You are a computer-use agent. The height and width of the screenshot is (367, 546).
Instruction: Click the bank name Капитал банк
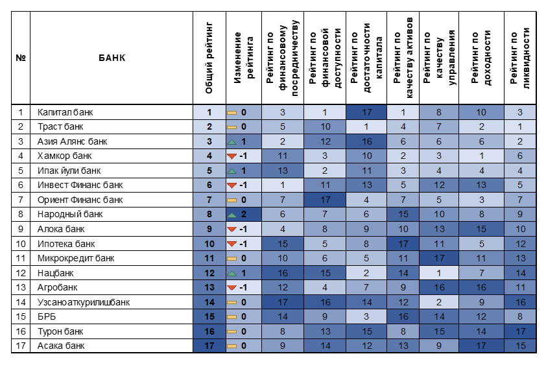pyautogui.click(x=65, y=112)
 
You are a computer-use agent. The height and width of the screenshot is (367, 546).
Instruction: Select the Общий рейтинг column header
pyautogui.click(x=209, y=58)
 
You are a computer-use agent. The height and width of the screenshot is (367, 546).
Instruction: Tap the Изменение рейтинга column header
pyautogui.click(x=244, y=58)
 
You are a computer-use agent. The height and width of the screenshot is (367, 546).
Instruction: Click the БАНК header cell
pyautogui.click(x=112, y=58)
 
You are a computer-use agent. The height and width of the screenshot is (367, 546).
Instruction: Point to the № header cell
pyautogui.click(x=21, y=58)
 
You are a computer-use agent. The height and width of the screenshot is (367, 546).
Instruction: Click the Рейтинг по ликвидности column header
pyautogui.click(x=520, y=58)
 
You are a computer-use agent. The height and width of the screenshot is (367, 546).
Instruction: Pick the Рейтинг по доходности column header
pyautogui.click(x=481, y=58)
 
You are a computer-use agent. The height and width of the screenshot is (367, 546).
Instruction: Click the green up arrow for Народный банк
pyautogui.click(x=231, y=215)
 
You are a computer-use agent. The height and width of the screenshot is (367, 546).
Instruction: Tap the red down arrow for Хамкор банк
pyautogui.click(x=231, y=156)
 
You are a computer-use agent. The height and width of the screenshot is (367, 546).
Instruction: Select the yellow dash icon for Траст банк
pyautogui.click(x=231, y=127)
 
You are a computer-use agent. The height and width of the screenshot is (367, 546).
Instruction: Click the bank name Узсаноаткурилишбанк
pyautogui.click(x=84, y=302)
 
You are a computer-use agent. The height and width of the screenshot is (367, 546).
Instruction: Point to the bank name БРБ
pyautogui.click(x=47, y=317)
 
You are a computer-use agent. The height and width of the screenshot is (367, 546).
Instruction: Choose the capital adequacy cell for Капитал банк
pyautogui.click(x=366, y=112)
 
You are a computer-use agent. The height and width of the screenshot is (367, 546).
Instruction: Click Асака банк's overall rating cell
pyautogui.click(x=209, y=346)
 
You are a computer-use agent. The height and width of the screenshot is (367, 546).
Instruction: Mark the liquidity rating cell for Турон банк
pyautogui.click(x=520, y=331)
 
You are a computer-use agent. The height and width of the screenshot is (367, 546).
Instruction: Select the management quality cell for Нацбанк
pyautogui.click(x=439, y=273)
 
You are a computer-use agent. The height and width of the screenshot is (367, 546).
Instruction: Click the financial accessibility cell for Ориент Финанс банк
pyautogui.click(x=325, y=200)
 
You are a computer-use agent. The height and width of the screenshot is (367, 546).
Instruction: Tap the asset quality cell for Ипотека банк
pyautogui.click(x=403, y=244)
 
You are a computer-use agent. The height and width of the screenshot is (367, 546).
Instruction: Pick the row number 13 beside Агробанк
pyautogui.click(x=21, y=288)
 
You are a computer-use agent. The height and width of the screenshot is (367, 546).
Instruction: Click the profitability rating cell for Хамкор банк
pyautogui.click(x=481, y=156)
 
